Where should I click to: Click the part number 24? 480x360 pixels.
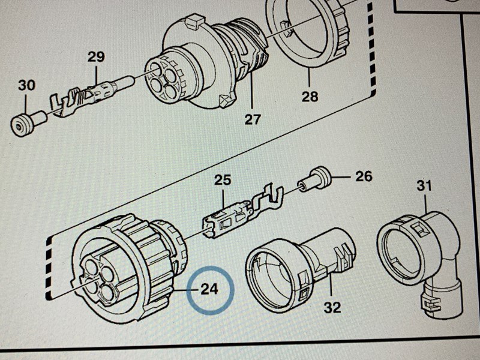pos(209,290)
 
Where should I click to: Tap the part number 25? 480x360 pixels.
pos(223,180)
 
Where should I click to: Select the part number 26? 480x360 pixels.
pos(364,176)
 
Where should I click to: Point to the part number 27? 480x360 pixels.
pos(253,119)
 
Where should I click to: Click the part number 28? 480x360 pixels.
pos(310,96)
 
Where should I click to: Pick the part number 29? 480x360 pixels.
pos(96,58)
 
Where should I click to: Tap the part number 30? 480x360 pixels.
pos(26,86)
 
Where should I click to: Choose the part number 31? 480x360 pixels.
pos(424,186)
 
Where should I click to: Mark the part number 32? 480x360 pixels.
pos(332,308)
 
